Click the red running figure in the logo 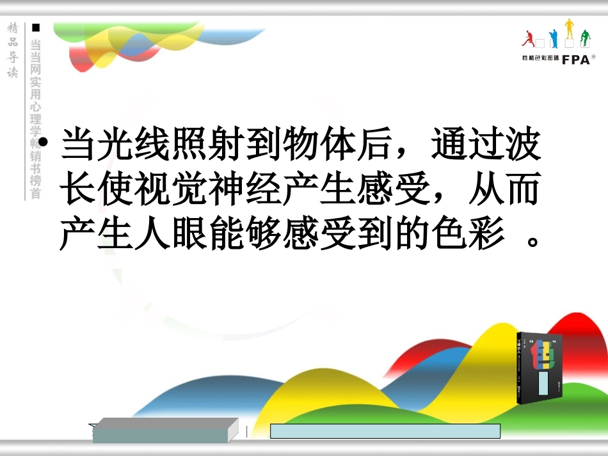pos(529,39)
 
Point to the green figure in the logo pos(584,39)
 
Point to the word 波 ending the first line pos(525,145)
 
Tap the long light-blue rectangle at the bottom pos(385,431)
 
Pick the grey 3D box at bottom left pos(164,430)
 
